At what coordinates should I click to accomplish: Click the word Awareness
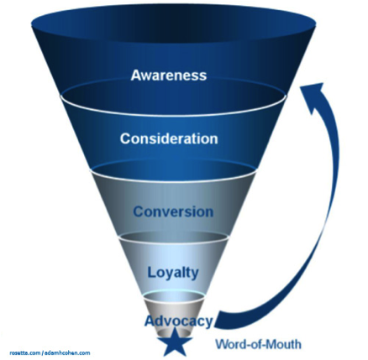[x=169, y=75]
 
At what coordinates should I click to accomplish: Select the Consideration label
[x=169, y=138]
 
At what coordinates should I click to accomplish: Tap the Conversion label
[x=173, y=211]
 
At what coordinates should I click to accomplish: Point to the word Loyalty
[x=173, y=273]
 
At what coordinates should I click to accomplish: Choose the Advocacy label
[x=179, y=321]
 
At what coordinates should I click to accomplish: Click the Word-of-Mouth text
[x=258, y=344]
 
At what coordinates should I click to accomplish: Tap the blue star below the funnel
[x=175, y=342]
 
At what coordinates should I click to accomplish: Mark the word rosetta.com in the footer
[x=25, y=353]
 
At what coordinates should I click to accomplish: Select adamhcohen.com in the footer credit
[x=67, y=353]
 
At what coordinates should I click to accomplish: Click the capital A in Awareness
[x=136, y=75]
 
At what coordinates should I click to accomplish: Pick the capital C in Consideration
[x=126, y=138]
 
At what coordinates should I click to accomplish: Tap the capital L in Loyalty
[x=152, y=272]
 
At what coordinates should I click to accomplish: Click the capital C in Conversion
[x=139, y=211]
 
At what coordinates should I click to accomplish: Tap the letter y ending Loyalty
[x=195, y=274]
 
